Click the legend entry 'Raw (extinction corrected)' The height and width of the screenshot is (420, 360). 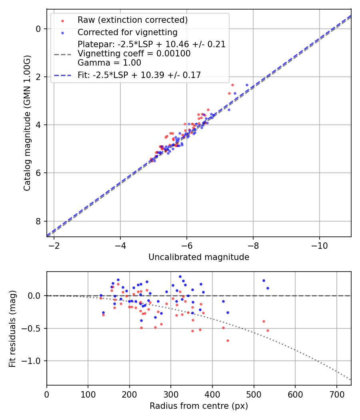(132, 20)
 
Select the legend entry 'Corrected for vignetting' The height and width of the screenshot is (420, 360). (127, 32)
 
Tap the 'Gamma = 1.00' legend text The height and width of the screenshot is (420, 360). (109, 62)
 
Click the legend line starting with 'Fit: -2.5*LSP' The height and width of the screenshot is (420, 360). (139, 74)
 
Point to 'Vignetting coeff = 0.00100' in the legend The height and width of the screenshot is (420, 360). (134, 53)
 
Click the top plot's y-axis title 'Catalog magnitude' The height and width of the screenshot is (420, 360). (27, 123)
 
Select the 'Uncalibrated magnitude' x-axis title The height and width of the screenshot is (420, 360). (199, 257)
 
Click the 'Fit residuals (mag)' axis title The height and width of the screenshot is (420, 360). (12, 328)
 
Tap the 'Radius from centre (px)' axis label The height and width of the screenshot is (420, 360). (199, 406)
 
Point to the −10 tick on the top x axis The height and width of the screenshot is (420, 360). (319, 245)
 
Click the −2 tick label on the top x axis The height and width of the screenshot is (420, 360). (54, 245)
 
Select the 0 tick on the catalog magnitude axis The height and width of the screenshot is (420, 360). (38, 29)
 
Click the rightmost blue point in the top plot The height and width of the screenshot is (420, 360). (247, 85)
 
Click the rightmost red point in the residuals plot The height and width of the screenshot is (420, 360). (268, 330)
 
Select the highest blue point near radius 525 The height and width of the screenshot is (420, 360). (264, 280)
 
